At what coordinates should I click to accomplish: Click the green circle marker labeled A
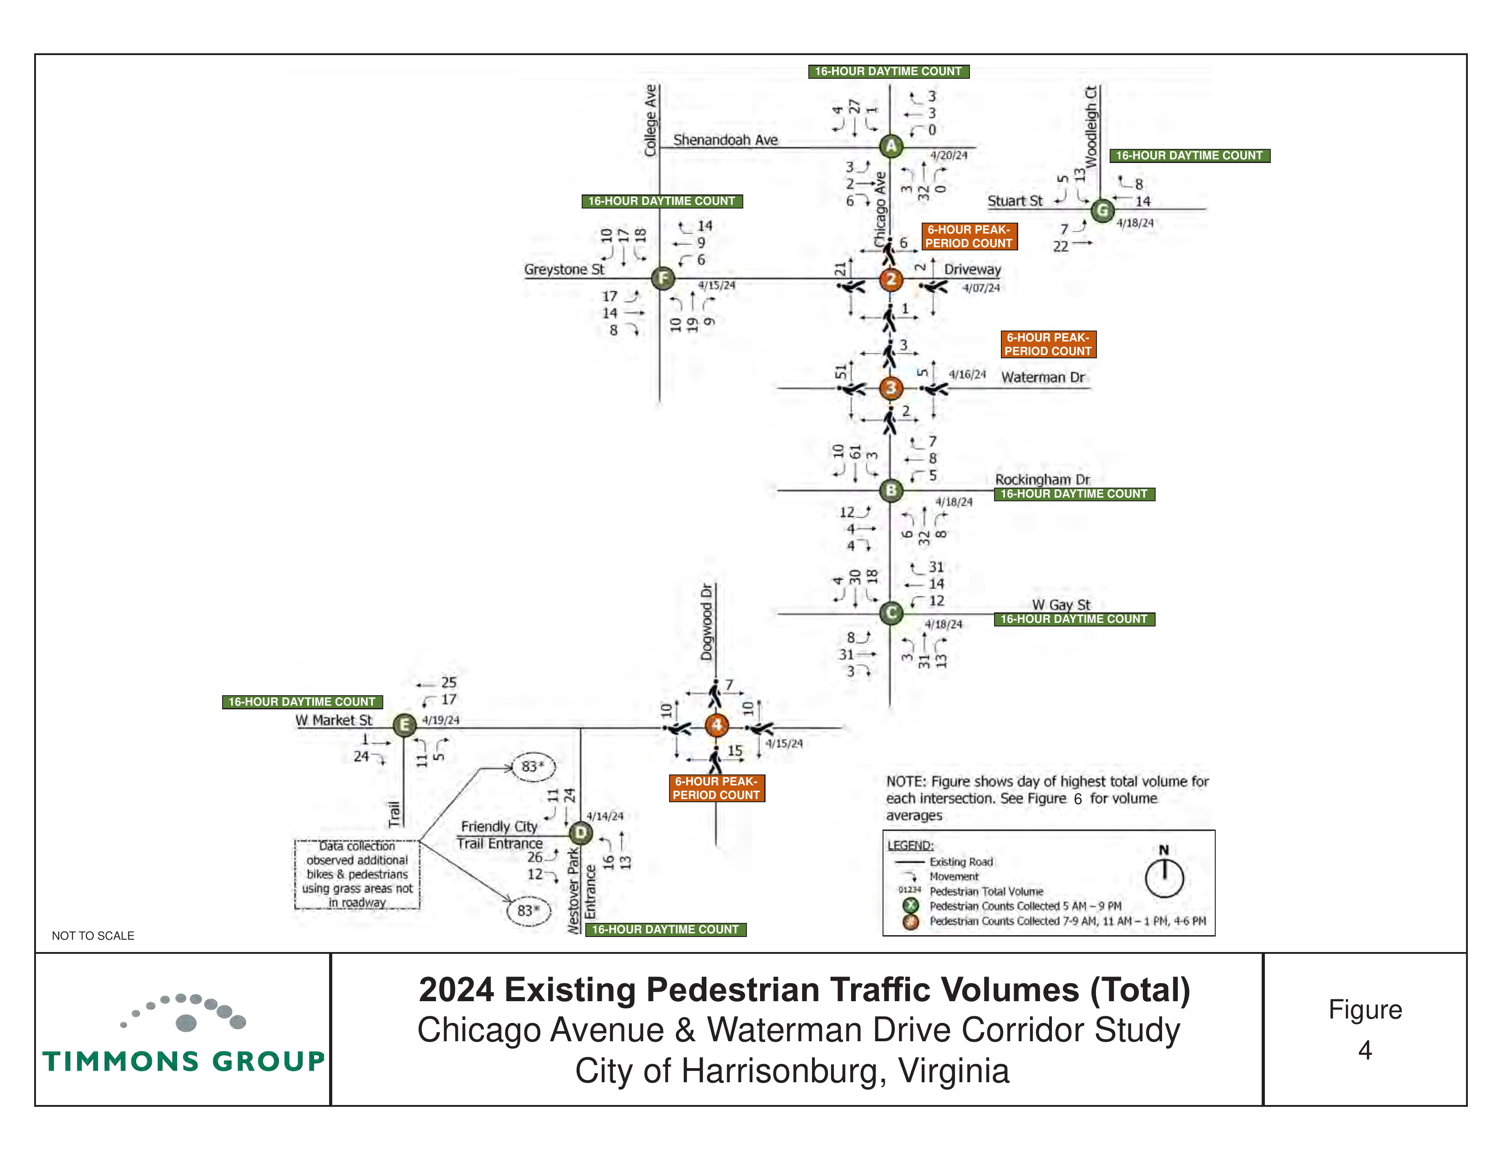click(x=891, y=146)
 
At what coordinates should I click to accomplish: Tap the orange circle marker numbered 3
click(x=891, y=388)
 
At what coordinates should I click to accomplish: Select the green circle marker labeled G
click(x=1102, y=210)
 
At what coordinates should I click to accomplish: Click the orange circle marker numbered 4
click(x=716, y=725)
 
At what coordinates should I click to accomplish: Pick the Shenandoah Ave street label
click(x=726, y=140)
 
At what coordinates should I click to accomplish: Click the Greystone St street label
click(x=564, y=270)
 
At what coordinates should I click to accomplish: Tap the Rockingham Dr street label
click(x=1043, y=479)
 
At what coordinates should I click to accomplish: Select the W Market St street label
click(x=334, y=720)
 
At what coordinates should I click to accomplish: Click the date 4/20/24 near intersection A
click(x=949, y=155)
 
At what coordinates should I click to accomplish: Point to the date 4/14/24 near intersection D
click(x=605, y=816)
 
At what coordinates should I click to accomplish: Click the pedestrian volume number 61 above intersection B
click(x=855, y=453)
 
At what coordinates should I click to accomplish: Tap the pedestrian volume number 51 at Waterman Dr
click(x=840, y=372)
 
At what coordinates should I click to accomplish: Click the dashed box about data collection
click(x=357, y=874)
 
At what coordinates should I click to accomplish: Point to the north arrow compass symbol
click(x=1164, y=874)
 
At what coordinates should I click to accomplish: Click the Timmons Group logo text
click(x=183, y=1061)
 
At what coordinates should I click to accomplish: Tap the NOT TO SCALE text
click(x=93, y=936)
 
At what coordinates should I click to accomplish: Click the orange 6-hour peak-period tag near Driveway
click(x=969, y=237)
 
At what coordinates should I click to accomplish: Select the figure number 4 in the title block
click(x=1365, y=1050)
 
